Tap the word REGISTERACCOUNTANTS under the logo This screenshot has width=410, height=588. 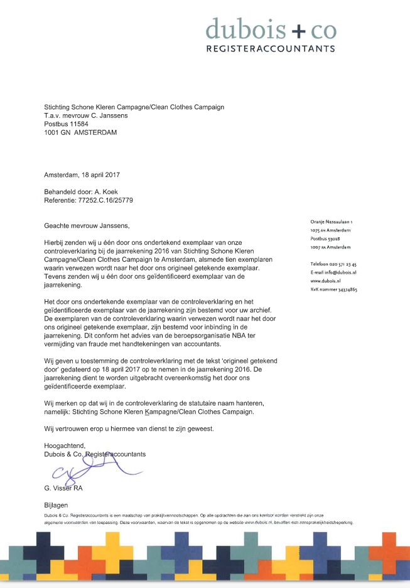click(271, 48)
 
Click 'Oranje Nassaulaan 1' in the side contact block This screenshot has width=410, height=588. click(332, 222)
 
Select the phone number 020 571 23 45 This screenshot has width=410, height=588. click(343, 264)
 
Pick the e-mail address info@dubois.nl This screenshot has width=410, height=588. click(343, 272)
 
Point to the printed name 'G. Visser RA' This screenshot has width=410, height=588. click(63, 488)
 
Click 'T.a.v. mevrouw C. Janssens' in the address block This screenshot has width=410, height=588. click(86, 115)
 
